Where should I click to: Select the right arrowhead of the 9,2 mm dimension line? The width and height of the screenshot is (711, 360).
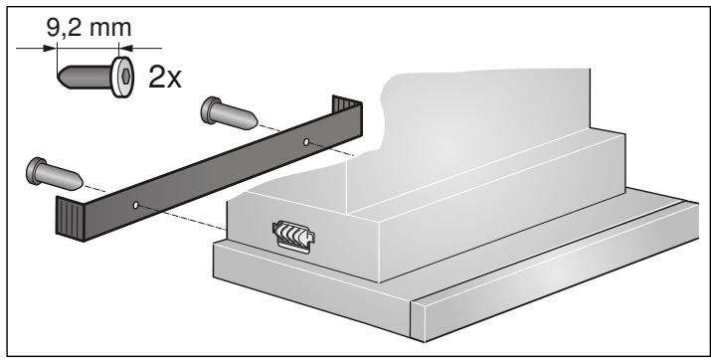pos(123,45)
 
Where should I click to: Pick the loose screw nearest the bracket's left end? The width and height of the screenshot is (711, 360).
pos(55,173)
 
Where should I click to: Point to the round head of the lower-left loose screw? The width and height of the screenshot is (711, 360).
pos(38,168)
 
